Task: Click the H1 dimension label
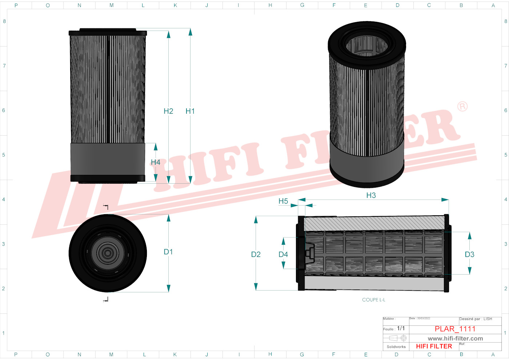190,111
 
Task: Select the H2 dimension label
168,111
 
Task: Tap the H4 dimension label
155,162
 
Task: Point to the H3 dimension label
371,196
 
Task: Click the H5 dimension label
283,201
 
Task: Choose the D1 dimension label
168,252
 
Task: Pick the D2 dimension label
256,255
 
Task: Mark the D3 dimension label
469,255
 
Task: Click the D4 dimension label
283,255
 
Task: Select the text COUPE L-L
373,300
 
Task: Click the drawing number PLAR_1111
455,329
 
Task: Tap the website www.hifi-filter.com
455,339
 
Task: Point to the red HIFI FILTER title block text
434,347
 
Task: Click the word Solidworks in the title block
396,347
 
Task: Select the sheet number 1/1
401,328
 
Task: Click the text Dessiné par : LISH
476,319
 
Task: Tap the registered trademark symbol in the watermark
462,107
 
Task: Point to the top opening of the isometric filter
367,46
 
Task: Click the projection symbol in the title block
397,338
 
